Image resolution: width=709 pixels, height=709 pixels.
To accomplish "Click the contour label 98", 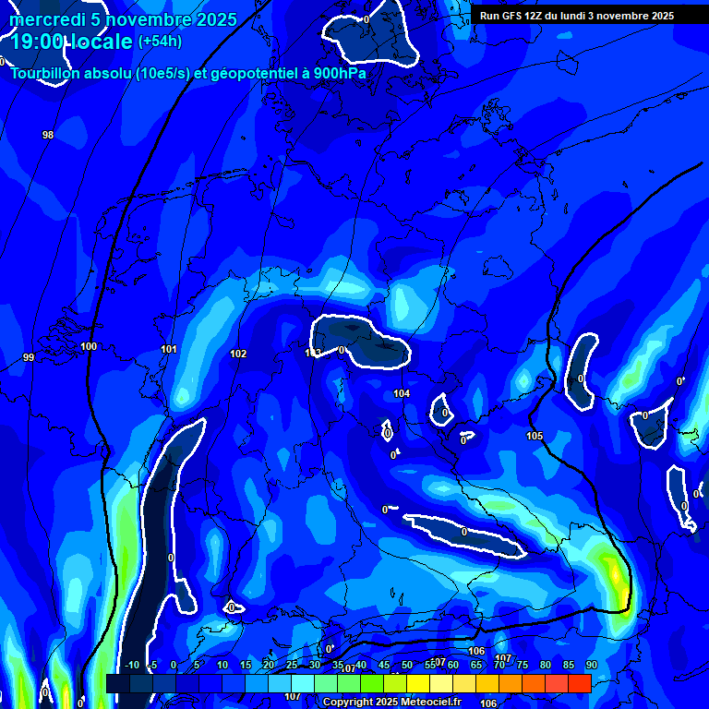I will click(x=48, y=136).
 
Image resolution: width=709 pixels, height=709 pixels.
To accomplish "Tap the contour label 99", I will click(x=29, y=357).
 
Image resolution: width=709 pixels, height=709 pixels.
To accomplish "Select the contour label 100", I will click(x=89, y=347).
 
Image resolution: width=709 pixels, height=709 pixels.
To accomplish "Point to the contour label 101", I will click(x=169, y=350).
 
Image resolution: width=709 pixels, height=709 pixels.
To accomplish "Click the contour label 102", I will click(x=238, y=354).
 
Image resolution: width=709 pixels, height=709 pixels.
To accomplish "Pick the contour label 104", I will click(x=402, y=394).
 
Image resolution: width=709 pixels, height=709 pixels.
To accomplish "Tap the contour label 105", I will click(x=535, y=436).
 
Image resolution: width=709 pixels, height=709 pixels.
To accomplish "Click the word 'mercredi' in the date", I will click(x=47, y=20).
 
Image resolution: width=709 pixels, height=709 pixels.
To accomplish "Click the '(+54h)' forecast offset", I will click(x=160, y=42).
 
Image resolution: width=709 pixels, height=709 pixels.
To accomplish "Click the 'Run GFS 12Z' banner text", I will click(x=518, y=16).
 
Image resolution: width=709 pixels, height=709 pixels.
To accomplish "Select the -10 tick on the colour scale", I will click(x=131, y=666).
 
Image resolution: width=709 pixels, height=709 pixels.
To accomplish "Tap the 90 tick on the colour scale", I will click(x=591, y=666).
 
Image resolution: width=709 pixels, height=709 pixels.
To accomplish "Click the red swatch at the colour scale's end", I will click(x=579, y=683).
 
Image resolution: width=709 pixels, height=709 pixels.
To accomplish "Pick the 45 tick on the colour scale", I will click(x=384, y=666).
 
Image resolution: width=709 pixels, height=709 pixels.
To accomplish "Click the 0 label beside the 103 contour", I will click(x=342, y=350).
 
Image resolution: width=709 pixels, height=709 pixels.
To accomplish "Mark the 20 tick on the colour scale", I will click(x=269, y=666).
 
